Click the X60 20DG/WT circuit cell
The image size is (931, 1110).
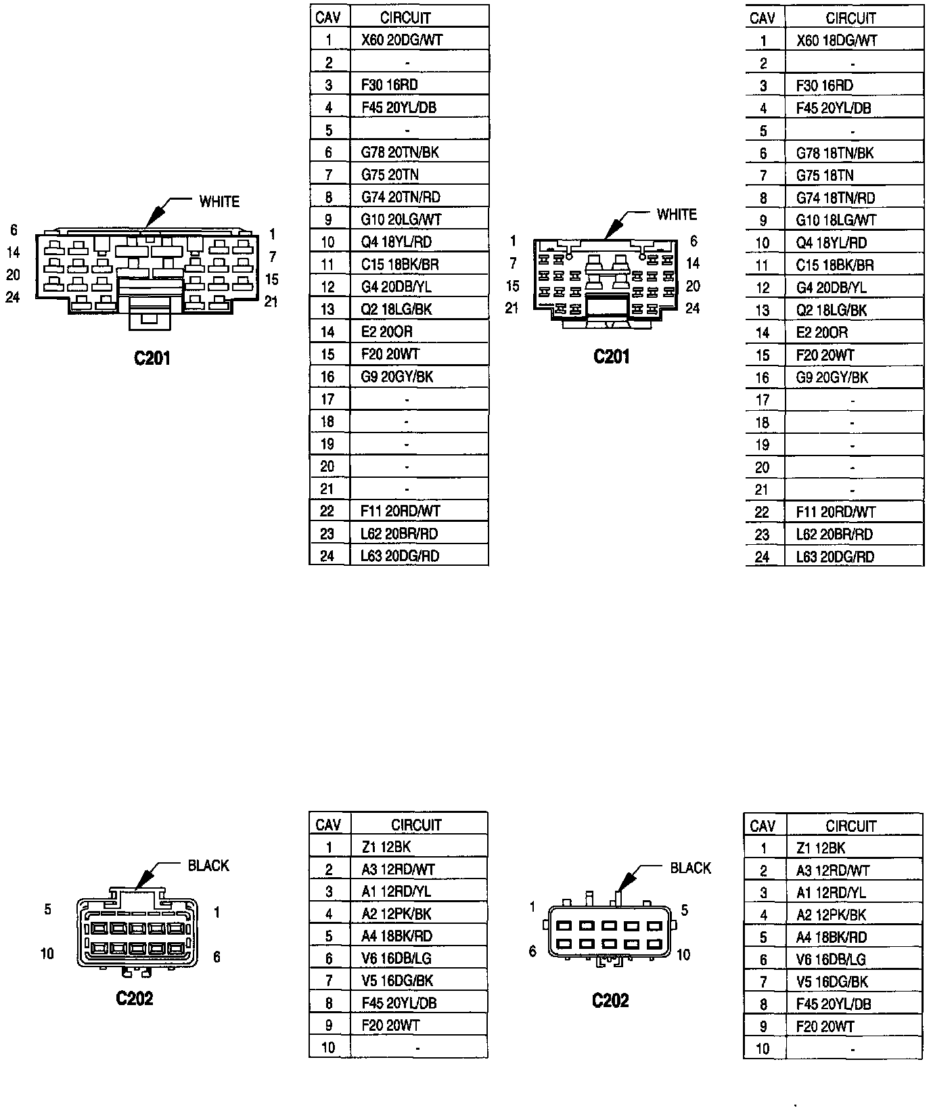(x=402, y=40)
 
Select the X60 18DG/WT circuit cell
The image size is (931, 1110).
(x=837, y=41)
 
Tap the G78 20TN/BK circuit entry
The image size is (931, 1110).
(x=400, y=152)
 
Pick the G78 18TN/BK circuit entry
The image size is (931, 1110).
(x=835, y=153)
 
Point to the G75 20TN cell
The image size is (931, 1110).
(x=390, y=175)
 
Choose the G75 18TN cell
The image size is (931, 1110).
(x=825, y=175)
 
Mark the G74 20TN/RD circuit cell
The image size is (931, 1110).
(x=401, y=197)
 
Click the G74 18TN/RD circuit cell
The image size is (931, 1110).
(x=836, y=198)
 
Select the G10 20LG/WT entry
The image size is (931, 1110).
(x=401, y=219)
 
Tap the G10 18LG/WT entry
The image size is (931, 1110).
(x=836, y=220)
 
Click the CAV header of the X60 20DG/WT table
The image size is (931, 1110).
(x=328, y=17)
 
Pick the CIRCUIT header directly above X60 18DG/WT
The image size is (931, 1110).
(x=850, y=18)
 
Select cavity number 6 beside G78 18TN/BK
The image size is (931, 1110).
(x=763, y=153)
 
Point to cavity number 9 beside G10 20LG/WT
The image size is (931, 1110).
(x=328, y=219)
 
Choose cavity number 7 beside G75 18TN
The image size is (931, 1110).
(x=763, y=175)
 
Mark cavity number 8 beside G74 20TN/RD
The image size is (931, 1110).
(x=328, y=197)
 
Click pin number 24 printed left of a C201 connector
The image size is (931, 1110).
(x=13, y=297)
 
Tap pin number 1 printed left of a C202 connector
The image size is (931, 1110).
(x=533, y=907)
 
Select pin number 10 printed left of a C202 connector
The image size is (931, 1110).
(x=47, y=954)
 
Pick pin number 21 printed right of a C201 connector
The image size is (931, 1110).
(x=271, y=302)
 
